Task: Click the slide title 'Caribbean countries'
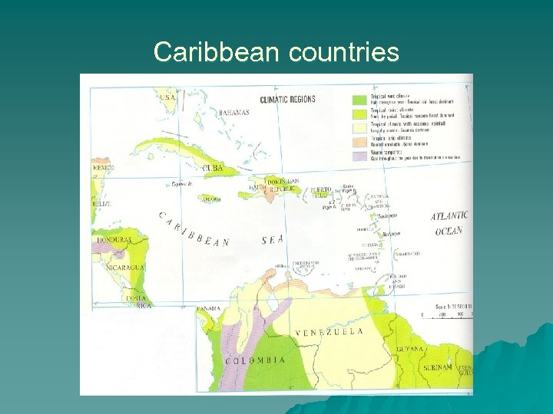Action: tap(276, 52)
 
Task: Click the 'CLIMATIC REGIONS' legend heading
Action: tap(287, 100)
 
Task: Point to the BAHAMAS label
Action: tap(233, 113)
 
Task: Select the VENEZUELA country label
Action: tap(329, 332)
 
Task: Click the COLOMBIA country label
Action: tap(256, 360)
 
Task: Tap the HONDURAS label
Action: tap(114, 240)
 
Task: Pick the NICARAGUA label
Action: tap(124, 268)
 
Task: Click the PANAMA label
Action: tap(208, 308)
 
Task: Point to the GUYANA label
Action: tap(409, 350)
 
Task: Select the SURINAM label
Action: tap(437, 367)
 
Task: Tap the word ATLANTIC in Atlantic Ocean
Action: tap(449, 217)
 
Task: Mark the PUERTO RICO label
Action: tap(320, 192)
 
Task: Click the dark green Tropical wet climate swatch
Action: tap(359, 100)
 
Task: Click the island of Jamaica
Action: tap(207, 198)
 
